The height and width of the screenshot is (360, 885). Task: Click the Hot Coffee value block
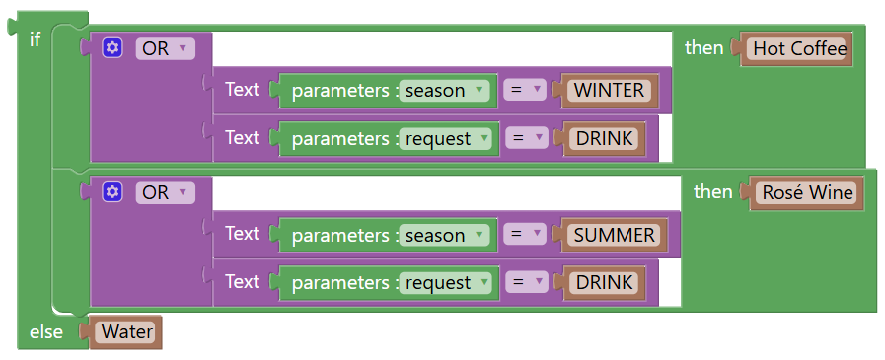799,48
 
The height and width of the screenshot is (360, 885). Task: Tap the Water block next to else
127,332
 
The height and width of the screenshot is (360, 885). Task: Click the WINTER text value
609,91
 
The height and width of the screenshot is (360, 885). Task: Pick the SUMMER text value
614,235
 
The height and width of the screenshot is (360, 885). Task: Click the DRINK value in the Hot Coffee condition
605,138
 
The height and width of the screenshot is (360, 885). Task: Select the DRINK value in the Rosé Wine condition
605,282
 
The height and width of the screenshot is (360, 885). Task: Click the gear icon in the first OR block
112,48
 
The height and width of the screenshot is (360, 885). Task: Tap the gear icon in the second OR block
112,192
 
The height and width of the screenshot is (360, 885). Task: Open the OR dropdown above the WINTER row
165,48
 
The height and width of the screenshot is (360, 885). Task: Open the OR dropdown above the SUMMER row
165,192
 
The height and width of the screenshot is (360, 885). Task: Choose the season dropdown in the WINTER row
447,91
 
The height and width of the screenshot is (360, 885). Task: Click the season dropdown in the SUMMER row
447,235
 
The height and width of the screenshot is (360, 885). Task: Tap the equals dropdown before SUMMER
525,235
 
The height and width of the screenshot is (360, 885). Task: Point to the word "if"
36,39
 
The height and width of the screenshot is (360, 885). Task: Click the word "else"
46,332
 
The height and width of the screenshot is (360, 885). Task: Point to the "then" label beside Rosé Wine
712,191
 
